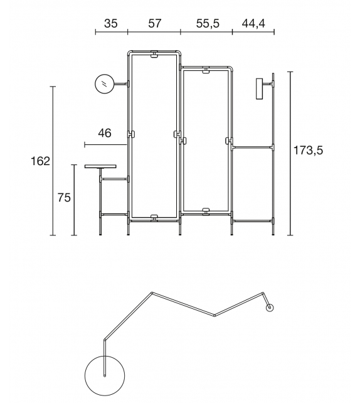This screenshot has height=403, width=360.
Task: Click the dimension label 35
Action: tap(111, 23)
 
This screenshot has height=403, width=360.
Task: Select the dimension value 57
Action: tap(154, 23)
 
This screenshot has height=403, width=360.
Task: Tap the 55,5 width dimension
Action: tap(208, 24)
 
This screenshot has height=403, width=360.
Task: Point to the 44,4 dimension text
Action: tap(253, 24)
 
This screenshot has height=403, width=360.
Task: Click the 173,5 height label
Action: tap(308, 150)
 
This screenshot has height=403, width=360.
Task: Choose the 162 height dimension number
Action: tap(40, 161)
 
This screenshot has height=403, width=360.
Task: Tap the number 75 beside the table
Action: tap(64, 198)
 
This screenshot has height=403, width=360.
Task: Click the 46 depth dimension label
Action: tap(105, 133)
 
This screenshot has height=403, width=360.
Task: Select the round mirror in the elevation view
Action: tap(104, 83)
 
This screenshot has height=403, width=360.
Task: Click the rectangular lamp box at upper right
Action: tap(260, 89)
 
